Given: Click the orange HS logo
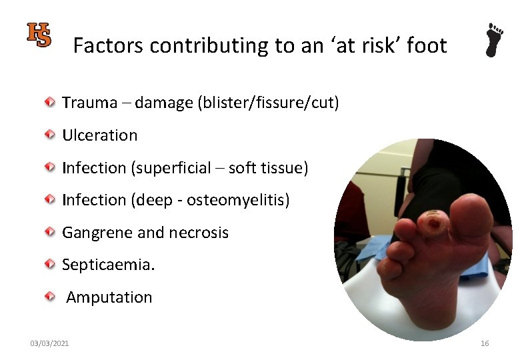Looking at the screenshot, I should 39,34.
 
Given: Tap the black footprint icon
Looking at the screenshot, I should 494,41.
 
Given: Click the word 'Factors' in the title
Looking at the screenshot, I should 109,45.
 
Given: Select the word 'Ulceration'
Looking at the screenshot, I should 99,135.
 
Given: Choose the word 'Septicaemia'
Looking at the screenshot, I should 107,265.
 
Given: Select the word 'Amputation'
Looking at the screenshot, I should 109,297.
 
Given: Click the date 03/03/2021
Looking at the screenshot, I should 49,343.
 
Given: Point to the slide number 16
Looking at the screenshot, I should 485,343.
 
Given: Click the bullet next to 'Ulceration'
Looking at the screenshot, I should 50,135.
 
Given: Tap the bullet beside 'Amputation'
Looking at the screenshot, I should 50,297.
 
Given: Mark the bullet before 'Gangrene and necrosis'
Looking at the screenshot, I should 50,232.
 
